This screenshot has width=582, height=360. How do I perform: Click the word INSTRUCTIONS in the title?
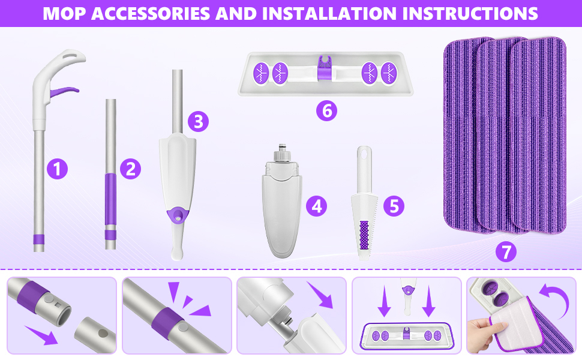470,13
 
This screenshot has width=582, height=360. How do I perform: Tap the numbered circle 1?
57,169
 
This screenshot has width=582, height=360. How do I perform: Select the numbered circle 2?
130,169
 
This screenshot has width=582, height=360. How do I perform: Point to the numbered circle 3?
198,121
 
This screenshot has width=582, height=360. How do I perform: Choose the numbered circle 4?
316,206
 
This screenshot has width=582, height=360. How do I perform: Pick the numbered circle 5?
394,206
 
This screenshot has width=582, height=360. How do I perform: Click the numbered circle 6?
326,110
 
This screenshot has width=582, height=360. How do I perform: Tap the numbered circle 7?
506,251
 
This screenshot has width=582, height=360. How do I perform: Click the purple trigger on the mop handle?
63,91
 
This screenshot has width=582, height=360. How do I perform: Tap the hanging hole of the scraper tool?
364,152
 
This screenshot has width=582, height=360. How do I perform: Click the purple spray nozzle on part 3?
178,215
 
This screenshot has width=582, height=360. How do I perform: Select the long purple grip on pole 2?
110,199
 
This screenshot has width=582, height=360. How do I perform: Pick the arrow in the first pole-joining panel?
41,335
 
